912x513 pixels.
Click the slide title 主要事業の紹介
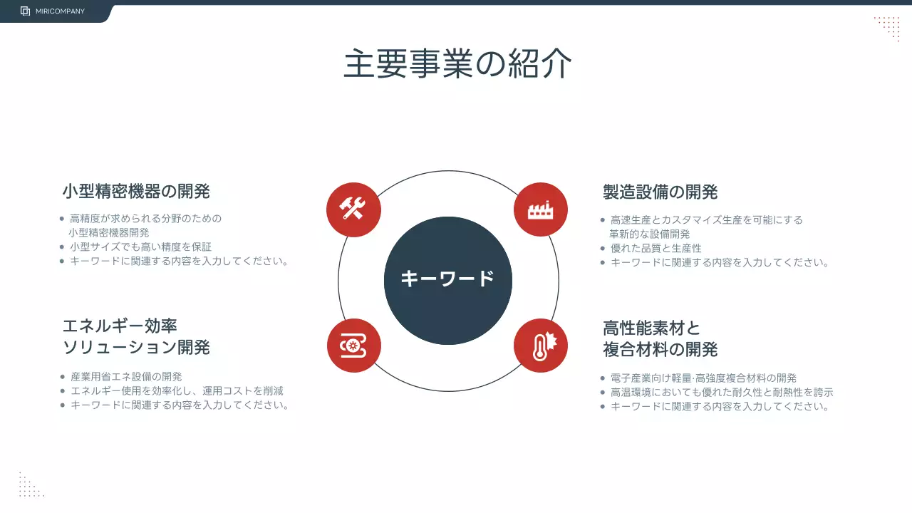[x=457, y=64]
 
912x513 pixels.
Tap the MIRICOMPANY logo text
[x=60, y=11]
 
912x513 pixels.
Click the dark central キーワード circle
[x=447, y=280]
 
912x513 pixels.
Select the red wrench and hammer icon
[x=353, y=209]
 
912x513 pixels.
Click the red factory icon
[x=540, y=209]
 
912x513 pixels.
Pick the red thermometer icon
[x=540, y=346]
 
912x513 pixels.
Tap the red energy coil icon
[x=353, y=346]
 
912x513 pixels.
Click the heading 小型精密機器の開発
[x=136, y=192]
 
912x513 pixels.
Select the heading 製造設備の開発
[x=660, y=192]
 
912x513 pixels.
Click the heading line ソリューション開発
[x=136, y=348]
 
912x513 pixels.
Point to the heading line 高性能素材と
[x=651, y=328]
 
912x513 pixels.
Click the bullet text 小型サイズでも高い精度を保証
[x=140, y=247]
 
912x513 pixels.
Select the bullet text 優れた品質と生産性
[x=655, y=248]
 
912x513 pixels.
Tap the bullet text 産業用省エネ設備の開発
[x=126, y=376]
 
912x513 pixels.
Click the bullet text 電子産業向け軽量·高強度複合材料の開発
[x=703, y=378]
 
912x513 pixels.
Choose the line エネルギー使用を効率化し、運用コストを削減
[x=177, y=390]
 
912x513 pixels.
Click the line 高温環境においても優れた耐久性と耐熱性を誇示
[x=721, y=392]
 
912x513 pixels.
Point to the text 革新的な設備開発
[x=649, y=234]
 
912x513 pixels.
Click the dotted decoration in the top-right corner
[x=887, y=28]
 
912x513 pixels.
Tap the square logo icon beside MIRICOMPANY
[x=26, y=11]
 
